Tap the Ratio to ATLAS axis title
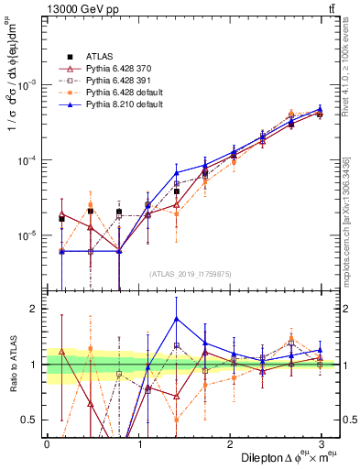tap(12, 365)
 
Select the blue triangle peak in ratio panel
tap(176, 319)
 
